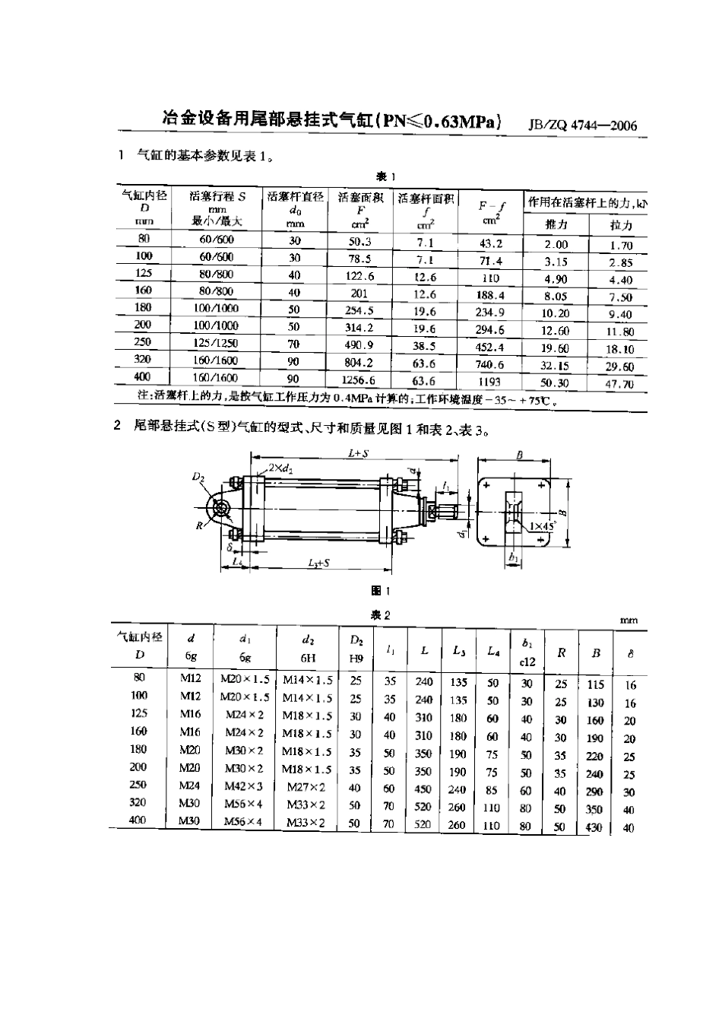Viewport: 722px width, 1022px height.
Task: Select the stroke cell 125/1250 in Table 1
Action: pyautogui.click(x=216, y=344)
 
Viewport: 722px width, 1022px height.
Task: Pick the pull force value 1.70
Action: pyautogui.click(x=621, y=246)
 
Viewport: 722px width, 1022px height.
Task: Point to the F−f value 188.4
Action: pyautogui.click(x=489, y=295)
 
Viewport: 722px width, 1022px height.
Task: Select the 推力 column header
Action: pyautogui.click(x=556, y=225)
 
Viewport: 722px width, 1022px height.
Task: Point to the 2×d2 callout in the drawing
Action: pyautogui.click(x=280, y=469)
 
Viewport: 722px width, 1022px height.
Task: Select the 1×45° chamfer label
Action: pyautogui.click(x=543, y=525)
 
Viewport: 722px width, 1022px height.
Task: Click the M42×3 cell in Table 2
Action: pyautogui.click(x=243, y=786)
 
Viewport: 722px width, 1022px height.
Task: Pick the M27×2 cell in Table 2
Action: pyautogui.click(x=306, y=787)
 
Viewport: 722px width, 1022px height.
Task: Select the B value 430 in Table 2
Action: pyautogui.click(x=594, y=827)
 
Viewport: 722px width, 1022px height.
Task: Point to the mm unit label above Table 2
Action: pyautogui.click(x=629, y=620)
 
